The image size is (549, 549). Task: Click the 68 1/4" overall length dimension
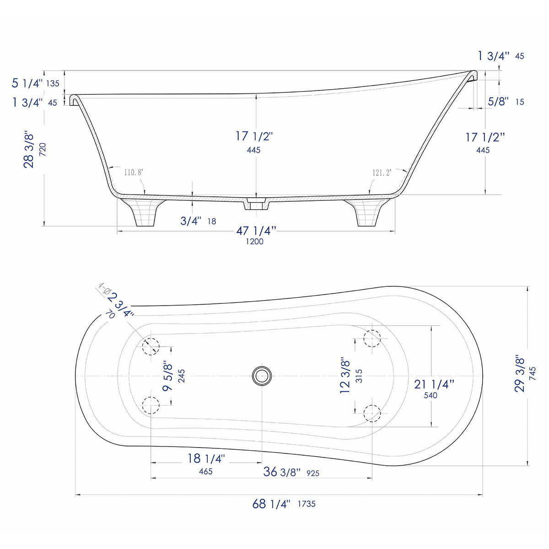pos(271,504)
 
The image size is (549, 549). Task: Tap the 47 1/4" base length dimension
pos(256,231)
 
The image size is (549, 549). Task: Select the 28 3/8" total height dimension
pos(29,150)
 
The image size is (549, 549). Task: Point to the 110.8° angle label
pos(133,172)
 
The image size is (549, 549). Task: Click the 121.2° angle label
pos(382,172)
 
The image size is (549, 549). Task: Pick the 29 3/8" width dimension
pos(520,373)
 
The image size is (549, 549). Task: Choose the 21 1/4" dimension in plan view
pos(434,384)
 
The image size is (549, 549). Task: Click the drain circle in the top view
pos(262,376)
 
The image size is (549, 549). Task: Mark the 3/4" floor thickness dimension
pos(191,221)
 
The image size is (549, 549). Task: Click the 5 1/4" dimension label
pos(27,83)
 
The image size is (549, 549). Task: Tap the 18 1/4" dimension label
pos(206,458)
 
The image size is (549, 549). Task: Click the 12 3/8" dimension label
pos(345,376)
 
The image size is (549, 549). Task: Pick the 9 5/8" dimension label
pos(168,376)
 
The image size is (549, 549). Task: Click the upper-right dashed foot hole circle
pos(372,338)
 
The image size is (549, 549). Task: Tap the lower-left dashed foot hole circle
pos(151,405)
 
